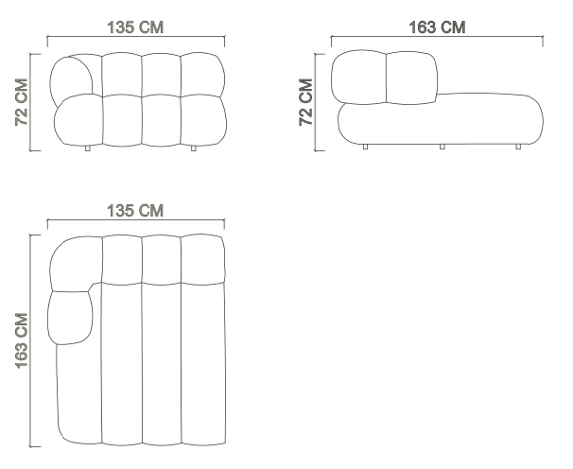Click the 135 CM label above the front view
135,27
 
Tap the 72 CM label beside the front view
22,102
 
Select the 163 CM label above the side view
437,27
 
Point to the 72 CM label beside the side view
305,102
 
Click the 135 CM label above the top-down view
135,211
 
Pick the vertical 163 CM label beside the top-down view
22,340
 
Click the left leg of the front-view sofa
87,148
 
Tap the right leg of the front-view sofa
193,148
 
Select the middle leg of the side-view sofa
442,147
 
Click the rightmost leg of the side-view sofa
518,147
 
